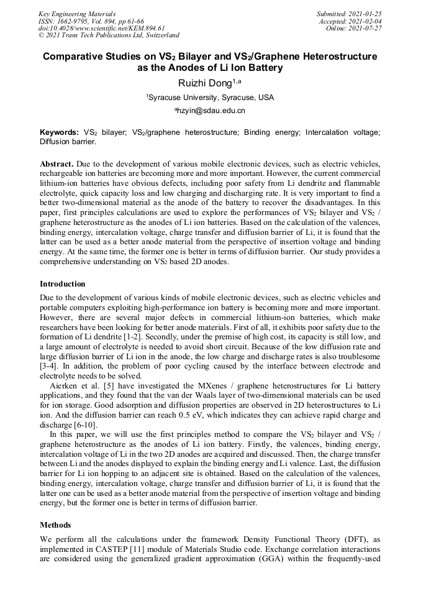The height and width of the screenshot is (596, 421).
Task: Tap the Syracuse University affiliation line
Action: pyautogui.click(x=210, y=98)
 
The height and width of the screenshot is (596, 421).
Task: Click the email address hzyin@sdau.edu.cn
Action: pyautogui.click(x=210, y=111)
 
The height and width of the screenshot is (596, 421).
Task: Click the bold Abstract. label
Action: pyautogui.click(x=57, y=163)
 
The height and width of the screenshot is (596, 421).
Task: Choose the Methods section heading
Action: pyautogui.click(x=55, y=525)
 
